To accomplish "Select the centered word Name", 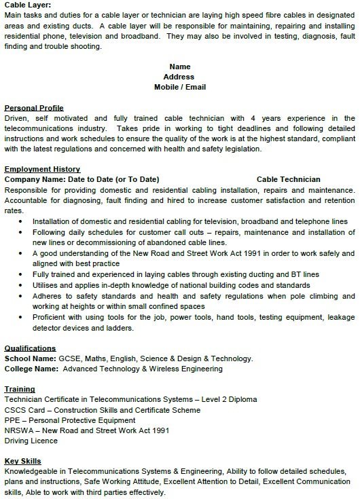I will pos(179,67).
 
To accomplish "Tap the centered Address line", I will pos(179,77).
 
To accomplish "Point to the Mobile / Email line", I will pos(179,87).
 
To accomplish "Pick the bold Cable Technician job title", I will pos(289,179).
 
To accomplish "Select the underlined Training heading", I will pos(20,390).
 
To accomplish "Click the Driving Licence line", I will pos(32,441).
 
